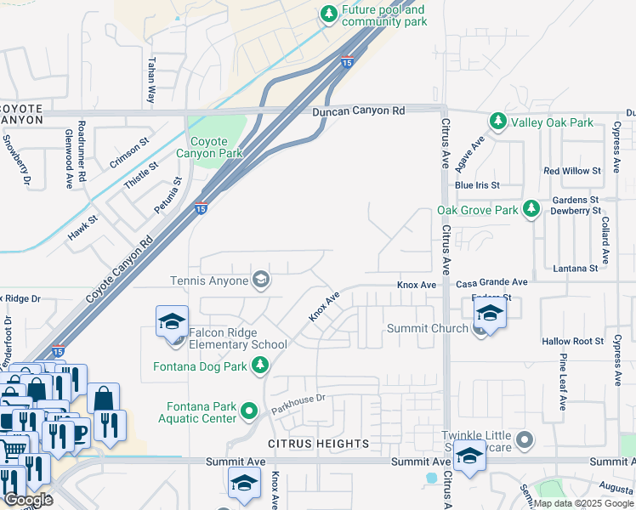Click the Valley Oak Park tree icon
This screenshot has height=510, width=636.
coord(497,122)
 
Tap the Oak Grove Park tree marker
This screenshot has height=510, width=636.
coord(531,209)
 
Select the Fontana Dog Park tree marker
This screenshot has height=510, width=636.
coord(260,366)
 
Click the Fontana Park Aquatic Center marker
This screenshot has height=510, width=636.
coord(249,411)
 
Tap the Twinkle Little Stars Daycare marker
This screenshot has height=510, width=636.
coord(525,439)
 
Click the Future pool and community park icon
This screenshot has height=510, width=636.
coord(328,14)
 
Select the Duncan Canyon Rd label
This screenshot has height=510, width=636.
coord(358,110)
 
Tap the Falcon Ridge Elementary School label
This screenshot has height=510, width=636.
coord(238,338)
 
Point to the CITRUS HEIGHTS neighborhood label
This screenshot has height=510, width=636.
coord(319,444)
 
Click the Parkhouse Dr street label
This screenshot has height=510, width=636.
coord(298,404)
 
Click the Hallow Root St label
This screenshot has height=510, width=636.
coord(572,341)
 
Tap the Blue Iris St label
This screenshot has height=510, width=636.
coord(477,184)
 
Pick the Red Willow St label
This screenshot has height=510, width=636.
coord(572,171)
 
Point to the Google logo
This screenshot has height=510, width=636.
coord(28,500)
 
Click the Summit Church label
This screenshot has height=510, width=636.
coord(427,328)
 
